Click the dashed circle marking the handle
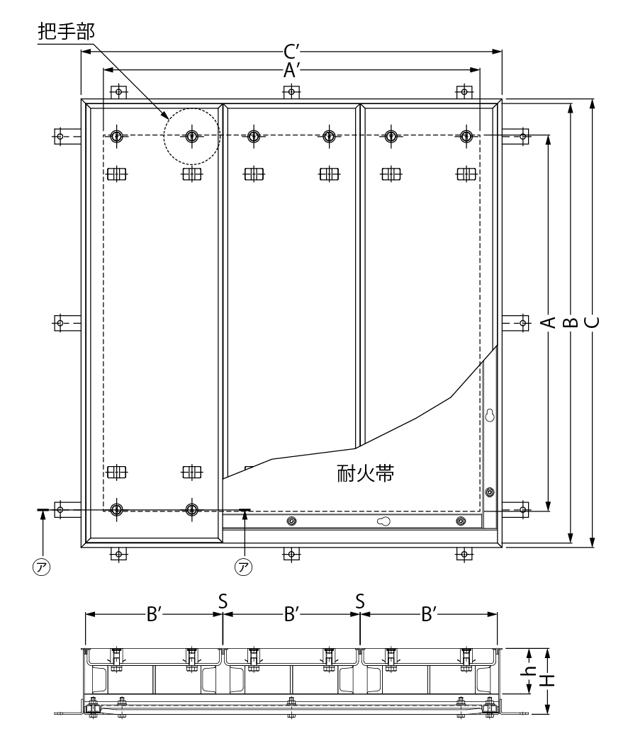click(x=191, y=136)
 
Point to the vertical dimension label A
click(x=546, y=322)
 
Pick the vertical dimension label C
click(x=593, y=322)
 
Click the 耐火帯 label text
click(x=365, y=474)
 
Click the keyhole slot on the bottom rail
click(x=383, y=521)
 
